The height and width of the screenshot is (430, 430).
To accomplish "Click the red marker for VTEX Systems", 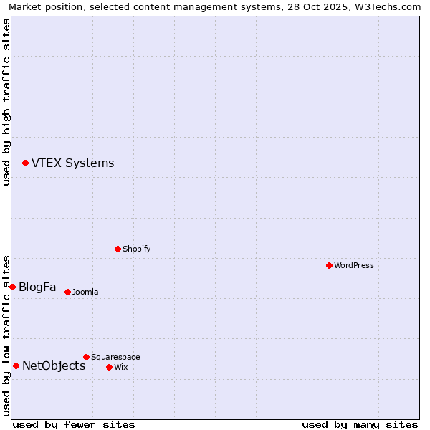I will pos(26,163).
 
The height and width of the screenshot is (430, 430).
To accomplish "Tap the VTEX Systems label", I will pos(72,163).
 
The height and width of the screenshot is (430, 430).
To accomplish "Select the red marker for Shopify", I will pos(118,249).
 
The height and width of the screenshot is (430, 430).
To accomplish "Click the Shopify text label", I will pos(136,249).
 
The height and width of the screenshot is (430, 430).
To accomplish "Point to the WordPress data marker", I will pos(330,265).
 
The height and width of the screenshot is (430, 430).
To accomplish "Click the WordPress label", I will pos(354,266).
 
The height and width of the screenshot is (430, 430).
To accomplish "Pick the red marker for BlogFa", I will pos(12,287).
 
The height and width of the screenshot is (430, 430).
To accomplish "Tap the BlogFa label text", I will pos(37,287).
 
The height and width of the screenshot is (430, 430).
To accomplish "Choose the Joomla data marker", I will pos(68,292).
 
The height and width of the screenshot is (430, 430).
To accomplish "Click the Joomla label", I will pos(85,292).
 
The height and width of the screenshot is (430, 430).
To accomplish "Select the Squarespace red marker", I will pos(87,357).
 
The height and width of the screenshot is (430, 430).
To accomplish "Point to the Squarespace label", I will pos(115,358).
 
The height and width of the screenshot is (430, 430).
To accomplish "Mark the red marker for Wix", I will pos(110,367).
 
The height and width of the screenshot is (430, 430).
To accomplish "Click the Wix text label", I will pos(121,368).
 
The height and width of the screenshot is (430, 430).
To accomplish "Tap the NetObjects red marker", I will pos(16,366).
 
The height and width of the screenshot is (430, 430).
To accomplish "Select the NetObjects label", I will pos(54,366).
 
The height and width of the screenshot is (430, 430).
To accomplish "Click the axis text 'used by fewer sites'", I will pos(74,424).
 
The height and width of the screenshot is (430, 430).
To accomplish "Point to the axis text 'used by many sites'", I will pos(360,424).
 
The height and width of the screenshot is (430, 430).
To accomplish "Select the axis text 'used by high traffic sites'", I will pos(6,102).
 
